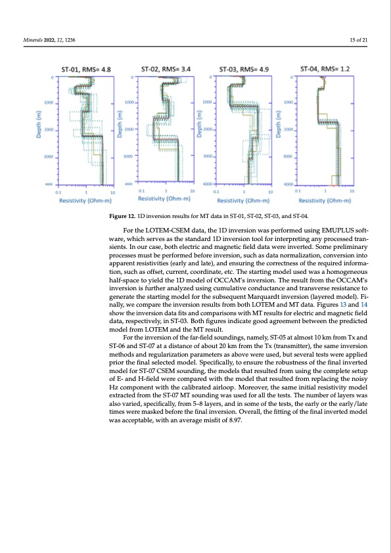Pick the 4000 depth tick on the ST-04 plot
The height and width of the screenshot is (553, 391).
pos(287,184)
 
